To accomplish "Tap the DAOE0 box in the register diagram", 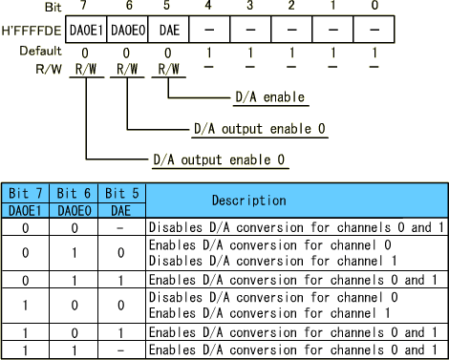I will [x=128, y=30].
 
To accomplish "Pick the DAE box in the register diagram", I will [x=167, y=30].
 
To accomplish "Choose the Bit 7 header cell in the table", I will [x=25, y=194].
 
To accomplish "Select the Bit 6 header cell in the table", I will [x=74, y=194].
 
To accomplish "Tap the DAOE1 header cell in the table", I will [x=25, y=209].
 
